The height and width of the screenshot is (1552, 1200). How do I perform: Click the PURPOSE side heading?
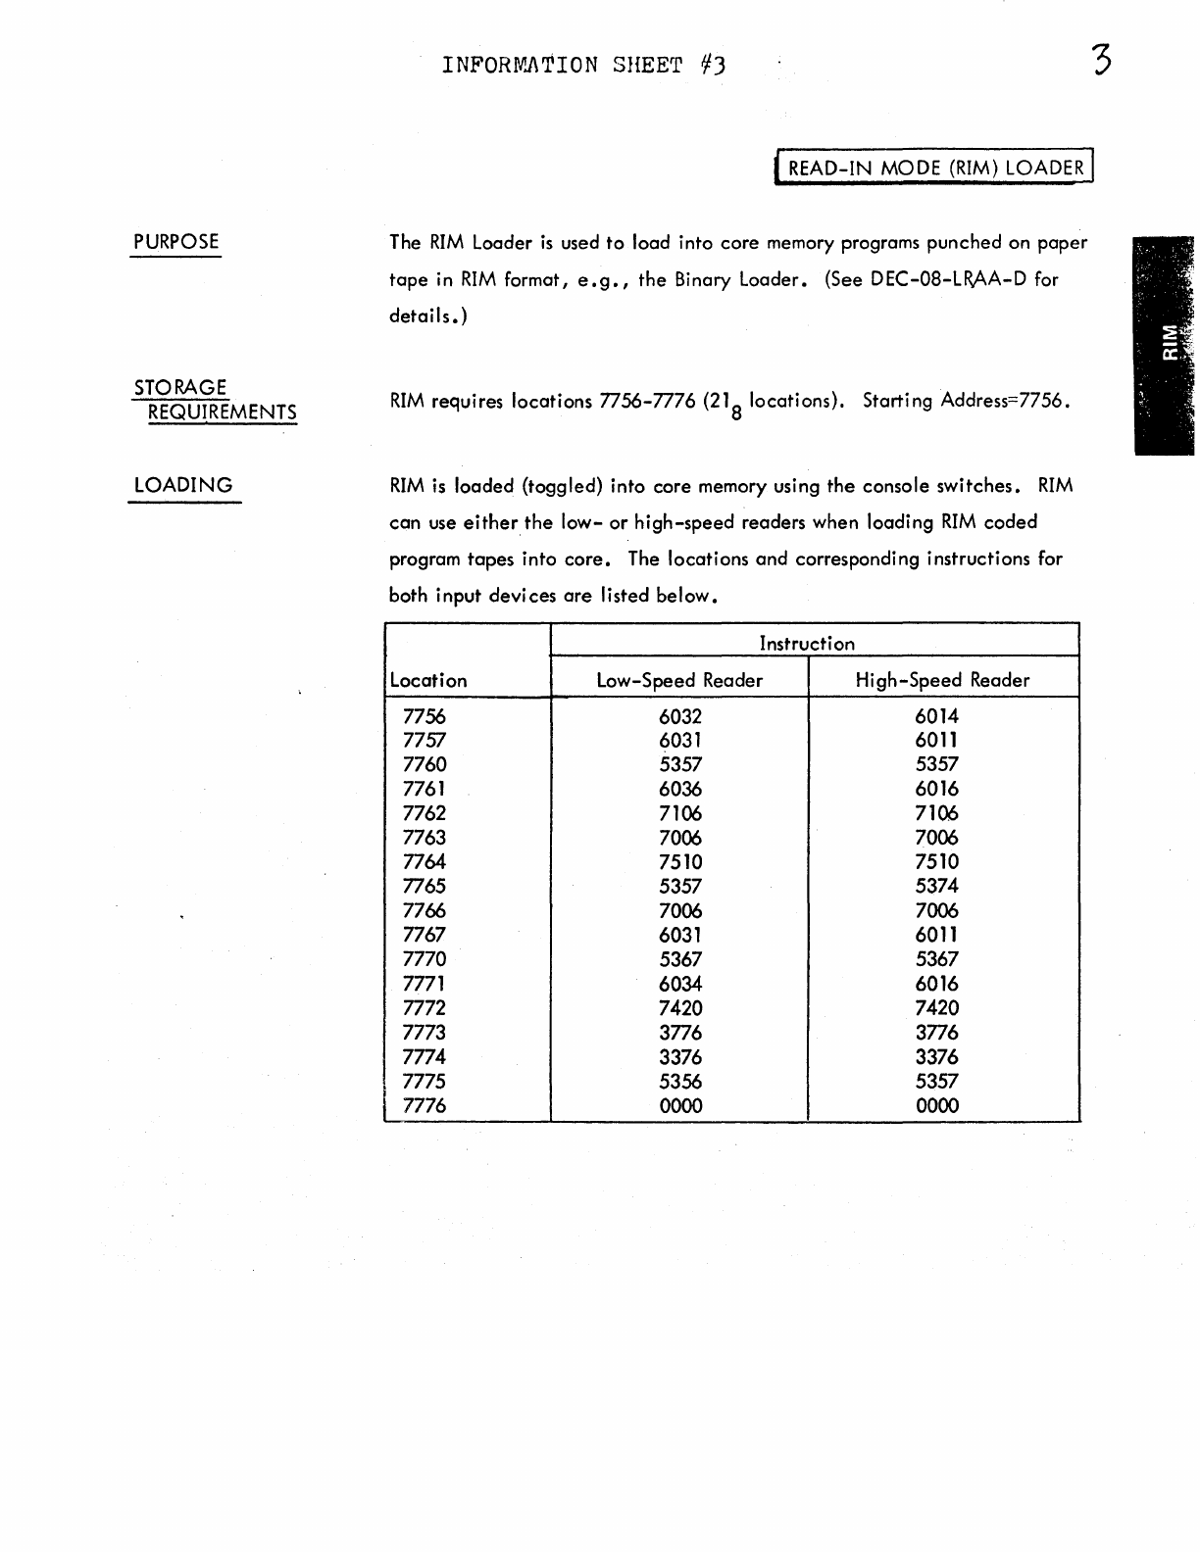point(176,242)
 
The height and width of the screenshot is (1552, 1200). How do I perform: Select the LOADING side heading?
point(183,485)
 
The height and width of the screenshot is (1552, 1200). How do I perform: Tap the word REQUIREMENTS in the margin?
point(222,412)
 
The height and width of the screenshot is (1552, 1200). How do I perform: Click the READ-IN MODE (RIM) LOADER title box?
point(935,168)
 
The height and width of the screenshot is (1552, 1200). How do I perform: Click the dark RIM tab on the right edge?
point(1167,345)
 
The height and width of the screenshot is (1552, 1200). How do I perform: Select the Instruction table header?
point(807,644)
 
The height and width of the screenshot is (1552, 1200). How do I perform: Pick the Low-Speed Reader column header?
point(679,680)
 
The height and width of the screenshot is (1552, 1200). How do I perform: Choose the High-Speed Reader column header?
point(942,680)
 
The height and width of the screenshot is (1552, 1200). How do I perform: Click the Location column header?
point(428,680)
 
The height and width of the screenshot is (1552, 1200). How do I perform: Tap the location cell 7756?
point(424,716)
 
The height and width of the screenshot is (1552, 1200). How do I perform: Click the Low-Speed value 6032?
point(680,716)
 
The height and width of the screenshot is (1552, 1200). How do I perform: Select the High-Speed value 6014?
point(936,716)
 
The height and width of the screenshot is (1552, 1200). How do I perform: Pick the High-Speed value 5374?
point(936,886)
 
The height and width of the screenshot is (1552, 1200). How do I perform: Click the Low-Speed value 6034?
point(680,984)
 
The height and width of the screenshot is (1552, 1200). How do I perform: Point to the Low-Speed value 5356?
point(680,1082)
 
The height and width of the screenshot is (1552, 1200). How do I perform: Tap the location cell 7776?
point(424,1106)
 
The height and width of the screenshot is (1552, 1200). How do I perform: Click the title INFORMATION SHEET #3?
point(584,66)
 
